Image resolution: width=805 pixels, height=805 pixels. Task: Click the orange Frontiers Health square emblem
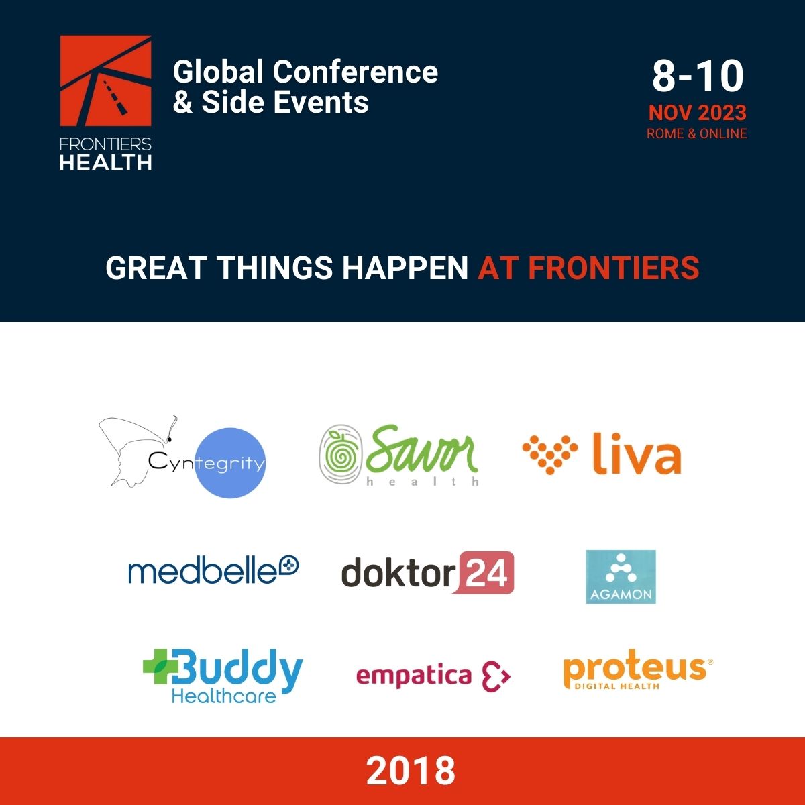[x=106, y=80]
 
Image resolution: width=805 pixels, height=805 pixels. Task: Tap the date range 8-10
[x=698, y=76]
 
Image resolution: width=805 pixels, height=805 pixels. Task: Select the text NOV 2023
[x=697, y=113]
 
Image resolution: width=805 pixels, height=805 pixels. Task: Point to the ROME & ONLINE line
[x=697, y=133]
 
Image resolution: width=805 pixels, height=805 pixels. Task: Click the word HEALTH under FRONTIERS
[x=106, y=162]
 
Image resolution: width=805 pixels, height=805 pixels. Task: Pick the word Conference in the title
[x=355, y=71]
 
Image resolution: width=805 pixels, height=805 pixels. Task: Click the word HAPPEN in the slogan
[x=405, y=268]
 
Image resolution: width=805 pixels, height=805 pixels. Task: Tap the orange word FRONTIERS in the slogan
[x=614, y=268]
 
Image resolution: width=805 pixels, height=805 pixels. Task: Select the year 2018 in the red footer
[x=411, y=771]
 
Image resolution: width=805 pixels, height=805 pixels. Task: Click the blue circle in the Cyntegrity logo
[x=230, y=463]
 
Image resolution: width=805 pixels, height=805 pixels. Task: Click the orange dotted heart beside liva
[x=550, y=455]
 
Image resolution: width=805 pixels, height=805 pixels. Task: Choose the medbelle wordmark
[x=213, y=570]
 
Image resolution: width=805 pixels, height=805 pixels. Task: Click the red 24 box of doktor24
[x=486, y=573]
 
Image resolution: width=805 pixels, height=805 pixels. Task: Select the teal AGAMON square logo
[x=621, y=577]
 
